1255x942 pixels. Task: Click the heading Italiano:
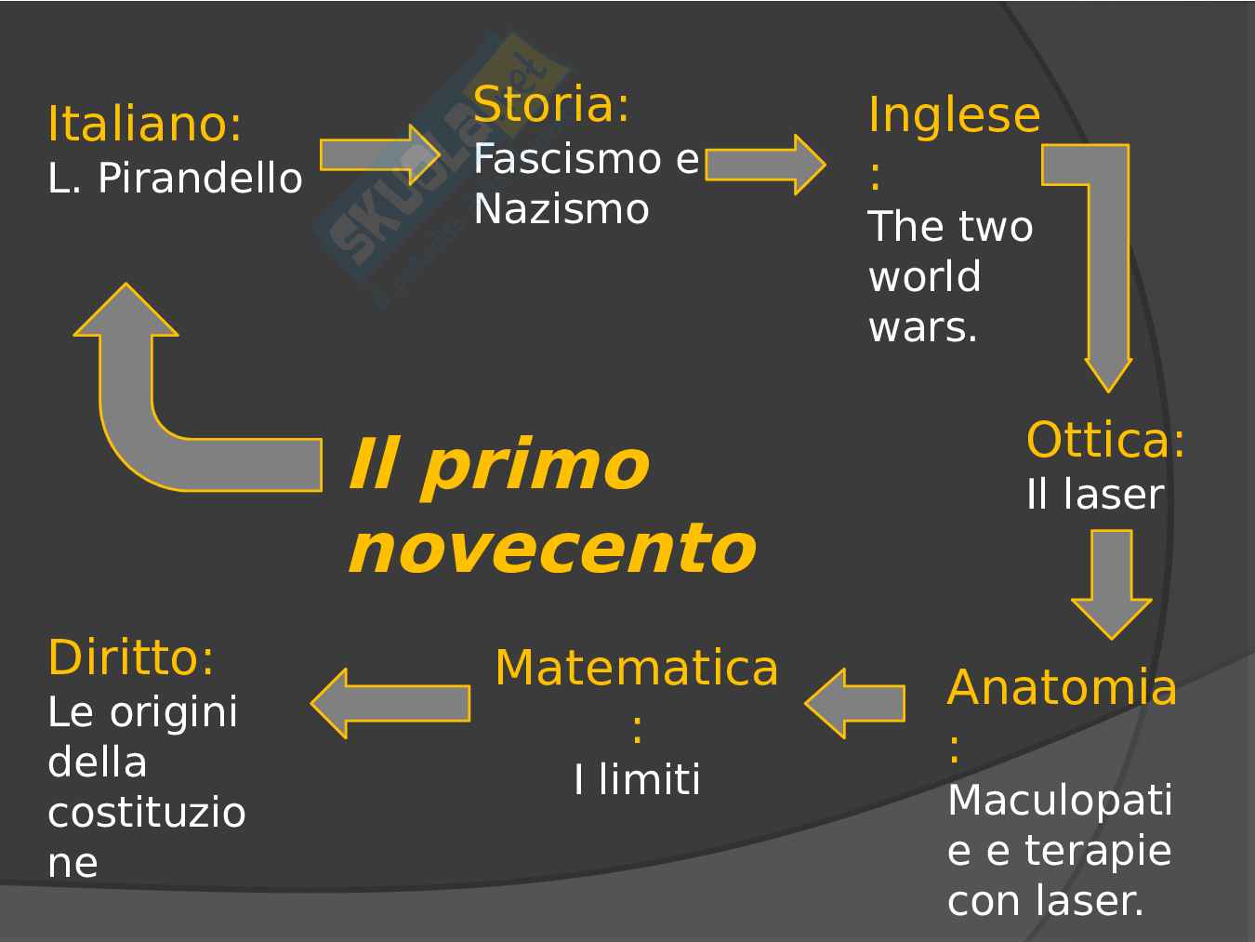coord(145,124)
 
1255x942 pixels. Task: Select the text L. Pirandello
coord(175,178)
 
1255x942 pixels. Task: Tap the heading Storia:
coord(551,104)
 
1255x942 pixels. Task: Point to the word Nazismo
coord(561,209)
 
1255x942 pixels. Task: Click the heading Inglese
coord(954,115)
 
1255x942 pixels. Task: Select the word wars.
coord(922,327)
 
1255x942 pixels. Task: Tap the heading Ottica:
coord(1105,440)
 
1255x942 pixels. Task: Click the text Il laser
coord(1094,494)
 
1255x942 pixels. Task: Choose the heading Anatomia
coord(1062,688)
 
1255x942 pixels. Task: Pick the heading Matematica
coord(637,669)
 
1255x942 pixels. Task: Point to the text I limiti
coord(637,779)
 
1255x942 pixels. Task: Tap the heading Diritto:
coord(131,657)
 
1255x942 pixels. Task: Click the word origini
coord(174,712)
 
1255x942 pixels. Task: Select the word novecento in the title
coord(552,549)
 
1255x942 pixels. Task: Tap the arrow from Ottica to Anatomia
coord(1111,583)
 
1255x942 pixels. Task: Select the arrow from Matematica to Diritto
coord(390,703)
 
